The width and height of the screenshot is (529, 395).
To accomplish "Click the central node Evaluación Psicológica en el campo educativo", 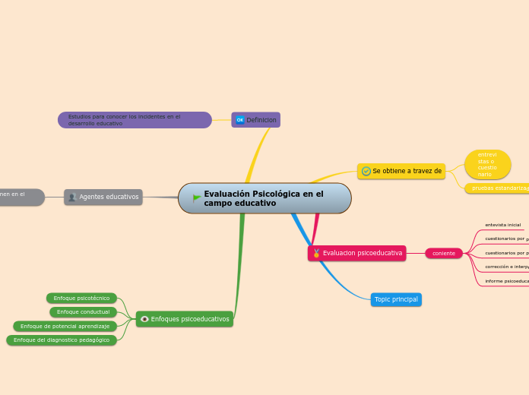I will (264, 198).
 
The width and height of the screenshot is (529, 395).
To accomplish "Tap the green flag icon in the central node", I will (197, 198).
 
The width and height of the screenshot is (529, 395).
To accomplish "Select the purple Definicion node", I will (256, 120).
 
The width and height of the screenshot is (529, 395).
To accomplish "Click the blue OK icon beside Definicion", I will (239, 120).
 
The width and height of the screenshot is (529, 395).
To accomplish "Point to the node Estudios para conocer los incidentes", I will (135, 120).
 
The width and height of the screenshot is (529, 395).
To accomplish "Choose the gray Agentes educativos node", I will (103, 197).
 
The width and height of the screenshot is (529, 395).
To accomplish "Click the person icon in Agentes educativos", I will (72, 197).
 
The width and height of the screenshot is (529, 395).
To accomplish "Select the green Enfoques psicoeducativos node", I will (185, 319).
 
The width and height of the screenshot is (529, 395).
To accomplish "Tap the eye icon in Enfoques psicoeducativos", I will (144, 319).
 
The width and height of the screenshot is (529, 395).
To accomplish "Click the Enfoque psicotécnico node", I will (81, 299).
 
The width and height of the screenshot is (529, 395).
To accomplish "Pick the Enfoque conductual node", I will (83, 312).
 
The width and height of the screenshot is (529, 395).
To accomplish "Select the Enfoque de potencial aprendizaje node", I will (65, 326).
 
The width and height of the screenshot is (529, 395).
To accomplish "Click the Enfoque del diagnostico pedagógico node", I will (62, 340).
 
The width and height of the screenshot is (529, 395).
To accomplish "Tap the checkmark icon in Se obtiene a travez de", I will (366, 171).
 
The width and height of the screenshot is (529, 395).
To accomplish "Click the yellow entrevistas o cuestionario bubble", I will (487, 164).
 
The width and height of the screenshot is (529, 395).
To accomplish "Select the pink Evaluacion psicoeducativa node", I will (357, 253).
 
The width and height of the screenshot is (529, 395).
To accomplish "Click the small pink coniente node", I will (444, 253).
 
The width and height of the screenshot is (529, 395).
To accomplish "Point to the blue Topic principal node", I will (396, 299).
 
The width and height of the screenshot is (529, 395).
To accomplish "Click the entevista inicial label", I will (503, 225).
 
